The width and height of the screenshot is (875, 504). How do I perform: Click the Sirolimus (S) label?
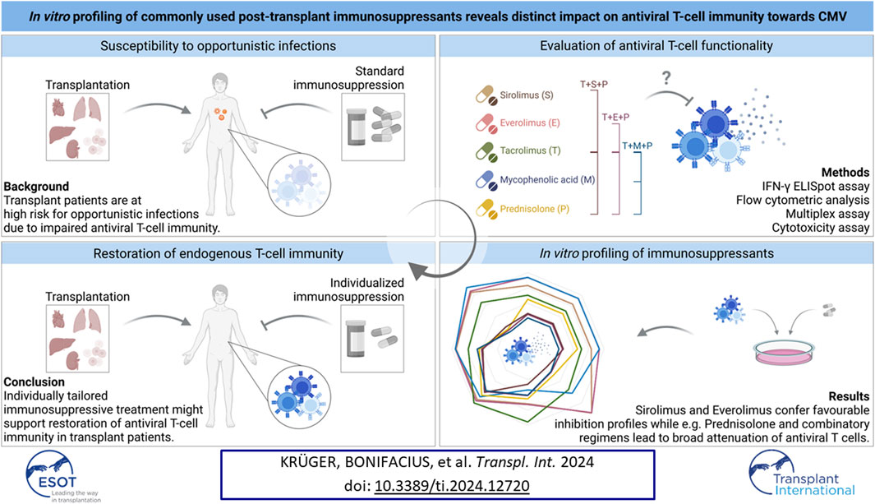click(526, 95)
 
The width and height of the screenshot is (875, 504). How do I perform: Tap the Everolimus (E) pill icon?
click(486, 123)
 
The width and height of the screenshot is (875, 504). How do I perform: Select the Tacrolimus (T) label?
click(530, 150)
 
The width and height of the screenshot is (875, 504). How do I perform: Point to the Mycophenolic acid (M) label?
click(547, 180)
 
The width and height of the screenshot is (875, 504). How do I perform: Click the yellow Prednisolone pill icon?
click(486, 209)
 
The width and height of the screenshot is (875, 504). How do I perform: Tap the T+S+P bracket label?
click(594, 85)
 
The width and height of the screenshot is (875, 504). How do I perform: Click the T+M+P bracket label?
click(638, 146)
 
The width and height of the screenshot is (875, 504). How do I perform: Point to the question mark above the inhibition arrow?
click(666, 78)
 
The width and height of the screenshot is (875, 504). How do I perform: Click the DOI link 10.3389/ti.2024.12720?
click(452, 486)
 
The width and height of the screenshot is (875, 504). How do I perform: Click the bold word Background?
click(36, 187)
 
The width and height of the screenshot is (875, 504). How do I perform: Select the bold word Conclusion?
click(34, 381)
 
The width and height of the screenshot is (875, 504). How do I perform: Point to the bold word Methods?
click(845, 173)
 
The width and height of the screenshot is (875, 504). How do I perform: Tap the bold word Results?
click(849, 396)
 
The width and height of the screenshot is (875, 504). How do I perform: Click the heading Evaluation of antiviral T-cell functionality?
click(656, 46)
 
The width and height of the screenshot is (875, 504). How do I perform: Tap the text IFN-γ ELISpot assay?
click(815, 187)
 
